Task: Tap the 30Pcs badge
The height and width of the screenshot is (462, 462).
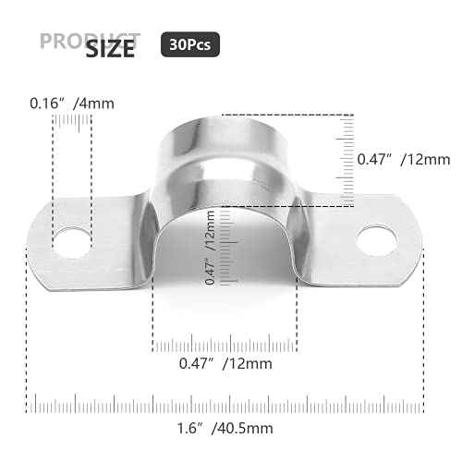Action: [x=190, y=43]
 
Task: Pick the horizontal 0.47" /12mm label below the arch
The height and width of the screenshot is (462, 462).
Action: [x=226, y=363]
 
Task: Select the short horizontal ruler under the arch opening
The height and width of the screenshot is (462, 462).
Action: [x=226, y=346]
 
